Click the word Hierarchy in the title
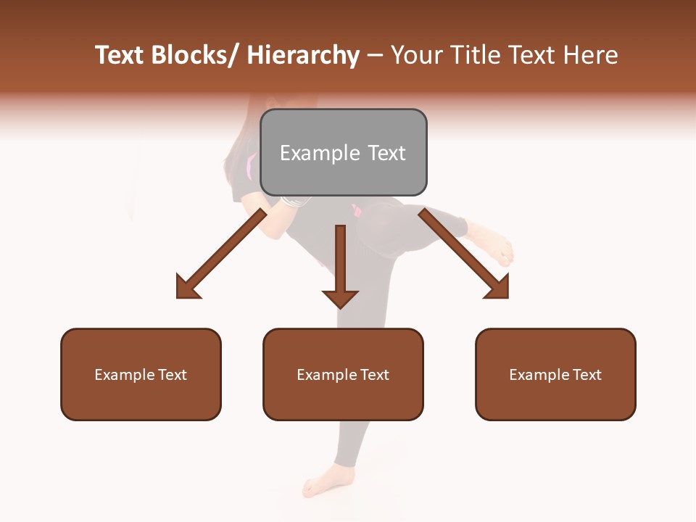(x=303, y=55)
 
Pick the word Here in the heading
(x=592, y=55)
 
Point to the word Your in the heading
(x=418, y=55)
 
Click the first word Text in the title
(x=121, y=55)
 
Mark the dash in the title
(x=375, y=57)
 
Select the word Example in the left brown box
(x=125, y=374)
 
